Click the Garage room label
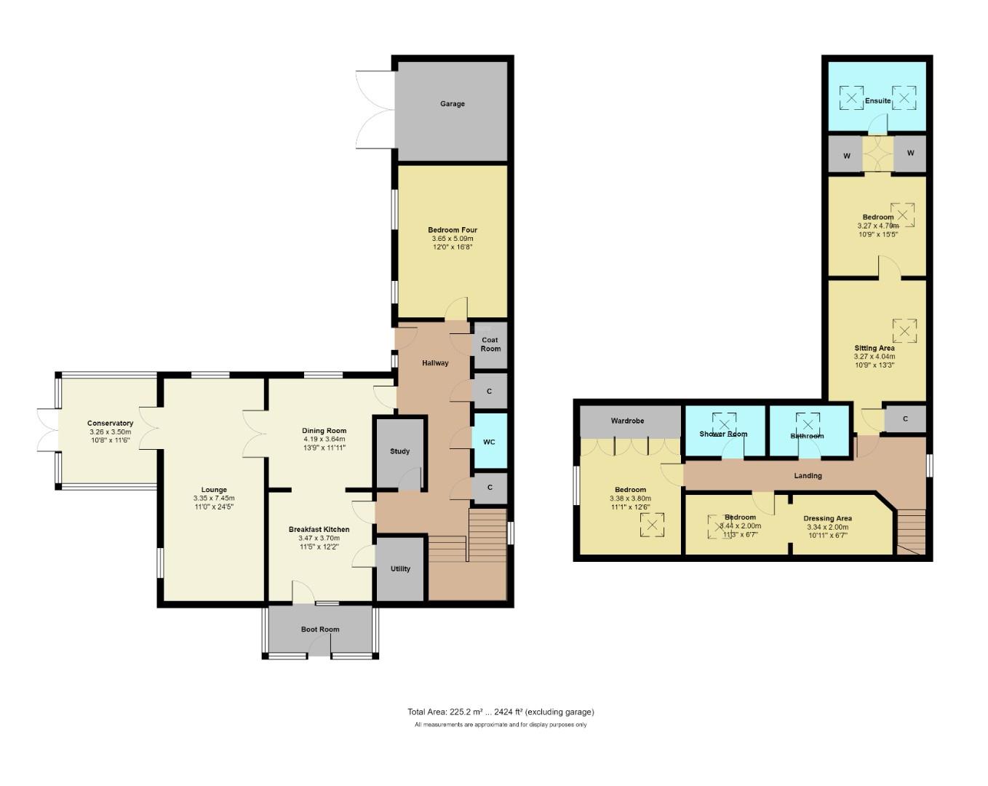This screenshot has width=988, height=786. (x=452, y=104)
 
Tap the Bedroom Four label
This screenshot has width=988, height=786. (x=452, y=230)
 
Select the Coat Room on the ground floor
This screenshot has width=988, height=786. (x=490, y=344)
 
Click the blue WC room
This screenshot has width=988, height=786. (x=489, y=442)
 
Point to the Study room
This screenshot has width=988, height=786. (x=399, y=451)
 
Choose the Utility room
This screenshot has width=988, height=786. (x=400, y=569)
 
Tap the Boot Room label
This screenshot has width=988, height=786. (x=320, y=630)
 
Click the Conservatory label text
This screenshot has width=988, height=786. (x=110, y=424)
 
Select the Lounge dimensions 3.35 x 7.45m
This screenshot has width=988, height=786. (x=214, y=499)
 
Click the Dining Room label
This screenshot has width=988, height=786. (x=324, y=431)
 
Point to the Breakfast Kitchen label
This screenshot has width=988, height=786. (x=319, y=530)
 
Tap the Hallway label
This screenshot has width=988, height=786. (x=435, y=362)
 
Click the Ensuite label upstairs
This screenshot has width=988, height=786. (x=877, y=101)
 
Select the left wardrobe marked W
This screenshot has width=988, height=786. (x=847, y=155)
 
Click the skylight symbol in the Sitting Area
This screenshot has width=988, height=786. (x=904, y=330)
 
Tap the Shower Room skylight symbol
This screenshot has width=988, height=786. (x=724, y=424)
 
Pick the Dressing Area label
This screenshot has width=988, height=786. (x=827, y=519)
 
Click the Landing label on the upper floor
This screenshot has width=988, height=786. (x=808, y=476)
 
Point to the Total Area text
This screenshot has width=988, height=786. (x=501, y=712)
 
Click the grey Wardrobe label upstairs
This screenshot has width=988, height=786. (x=627, y=421)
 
